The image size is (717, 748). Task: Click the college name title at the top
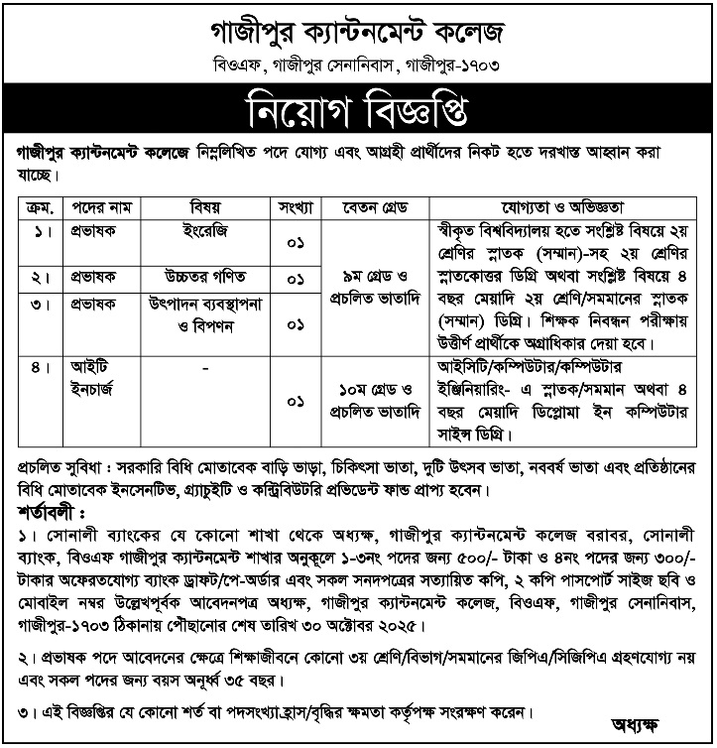pyautogui.click(x=357, y=33)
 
